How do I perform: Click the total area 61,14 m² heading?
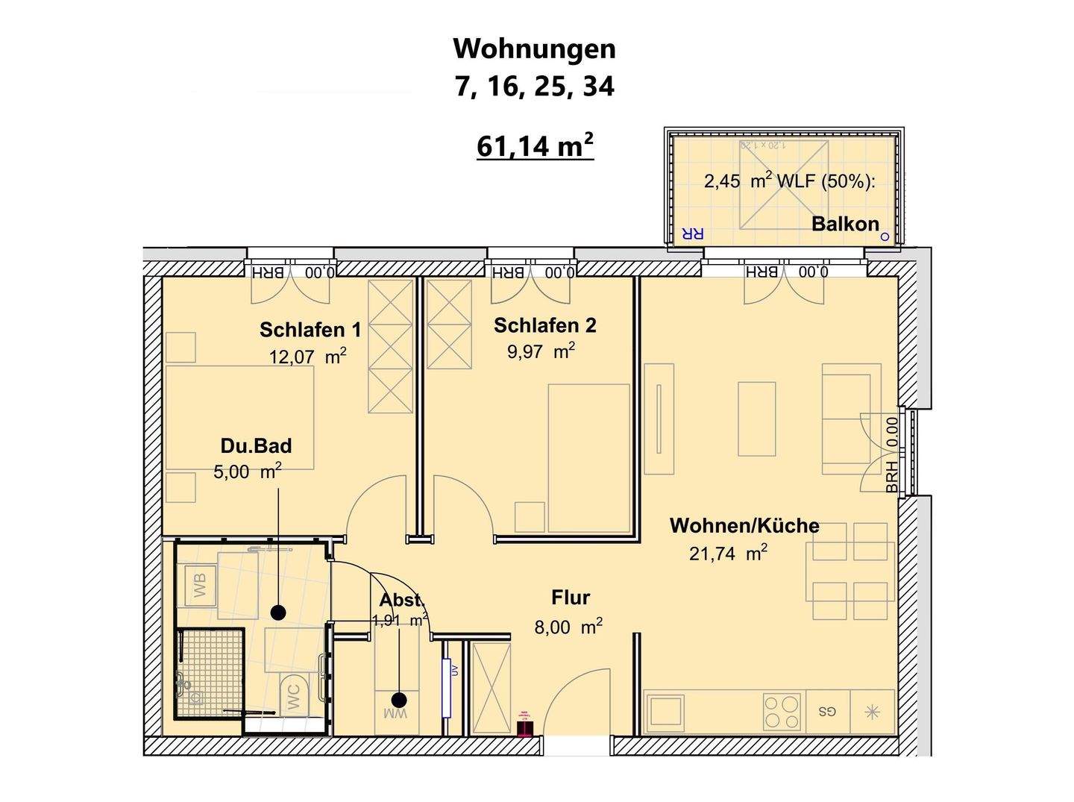coord(535,146)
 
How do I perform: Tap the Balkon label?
coord(845,224)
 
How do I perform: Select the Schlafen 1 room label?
coord(310,330)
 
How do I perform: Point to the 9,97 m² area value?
coord(541,351)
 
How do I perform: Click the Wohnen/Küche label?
coord(744,525)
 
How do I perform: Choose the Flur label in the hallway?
coord(571,598)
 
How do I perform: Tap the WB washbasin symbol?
coord(200,583)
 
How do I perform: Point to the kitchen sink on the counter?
coord(666,711)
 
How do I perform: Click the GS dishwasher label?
coord(826,711)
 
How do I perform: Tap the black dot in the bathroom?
coord(278,613)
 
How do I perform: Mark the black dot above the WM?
coord(399,700)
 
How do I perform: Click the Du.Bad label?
coord(256,446)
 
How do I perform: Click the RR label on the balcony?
coord(692,234)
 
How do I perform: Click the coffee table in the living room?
coord(756,419)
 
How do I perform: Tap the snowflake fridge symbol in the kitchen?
coord(871,711)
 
